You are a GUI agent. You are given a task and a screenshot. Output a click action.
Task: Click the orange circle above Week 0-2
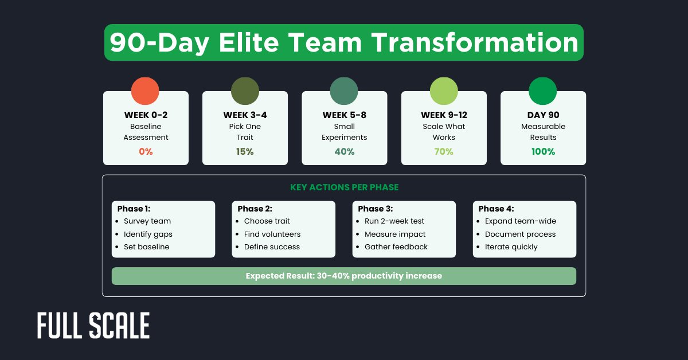(x=145, y=91)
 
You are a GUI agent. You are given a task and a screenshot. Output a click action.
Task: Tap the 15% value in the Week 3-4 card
(x=245, y=152)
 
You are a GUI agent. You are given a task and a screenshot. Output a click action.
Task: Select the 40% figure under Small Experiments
(x=345, y=152)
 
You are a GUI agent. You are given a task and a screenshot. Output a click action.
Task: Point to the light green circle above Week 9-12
(x=444, y=91)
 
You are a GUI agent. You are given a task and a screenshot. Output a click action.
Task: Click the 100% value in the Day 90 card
(x=543, y=152)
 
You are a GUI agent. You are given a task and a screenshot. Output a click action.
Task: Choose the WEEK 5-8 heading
(x=345, y=115)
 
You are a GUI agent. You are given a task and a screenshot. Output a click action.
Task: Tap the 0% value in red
(x=146, y=152)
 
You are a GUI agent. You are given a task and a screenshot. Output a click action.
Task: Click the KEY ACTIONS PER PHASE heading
(x=343, y=187)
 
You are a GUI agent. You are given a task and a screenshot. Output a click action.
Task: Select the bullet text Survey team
(x=147, y=221)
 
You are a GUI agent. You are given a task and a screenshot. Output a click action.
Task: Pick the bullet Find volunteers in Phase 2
(x=272, y=234)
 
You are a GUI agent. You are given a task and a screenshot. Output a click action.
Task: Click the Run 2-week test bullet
(x=394, y=221)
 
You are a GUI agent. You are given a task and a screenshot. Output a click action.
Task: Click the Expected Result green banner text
(x=343, y=276)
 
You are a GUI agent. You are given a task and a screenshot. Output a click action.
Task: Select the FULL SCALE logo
(x=93, y=326)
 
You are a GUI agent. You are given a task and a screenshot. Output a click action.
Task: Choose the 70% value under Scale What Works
(x=444, y=152)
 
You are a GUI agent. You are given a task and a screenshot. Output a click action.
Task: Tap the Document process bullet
(x=520, y=234)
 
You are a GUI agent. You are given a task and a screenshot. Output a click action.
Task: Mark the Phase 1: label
(x=135, y=209)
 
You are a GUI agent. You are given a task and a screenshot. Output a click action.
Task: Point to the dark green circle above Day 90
(x=543, y=91)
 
